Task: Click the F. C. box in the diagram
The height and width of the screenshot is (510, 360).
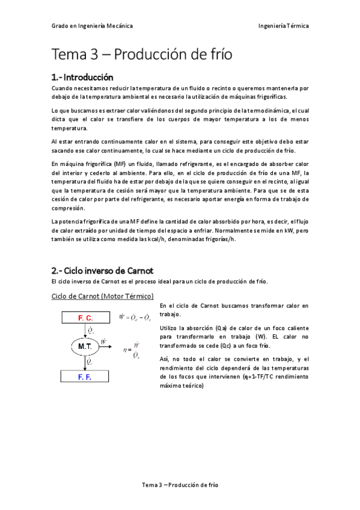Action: point(85,317)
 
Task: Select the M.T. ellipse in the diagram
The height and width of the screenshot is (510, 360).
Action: point(85,346)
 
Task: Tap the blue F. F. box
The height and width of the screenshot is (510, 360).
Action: point(85,376)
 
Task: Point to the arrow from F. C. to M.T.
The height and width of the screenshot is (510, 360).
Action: point(85,330)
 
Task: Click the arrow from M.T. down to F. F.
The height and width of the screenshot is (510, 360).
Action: point(85,361)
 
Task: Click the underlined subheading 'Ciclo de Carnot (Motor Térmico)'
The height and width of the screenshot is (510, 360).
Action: point(103,296)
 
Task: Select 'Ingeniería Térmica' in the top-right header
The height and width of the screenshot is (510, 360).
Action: point(283,26)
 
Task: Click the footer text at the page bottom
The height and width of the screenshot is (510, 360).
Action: point(180,484)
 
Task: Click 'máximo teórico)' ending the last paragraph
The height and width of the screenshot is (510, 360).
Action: point(182,386)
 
